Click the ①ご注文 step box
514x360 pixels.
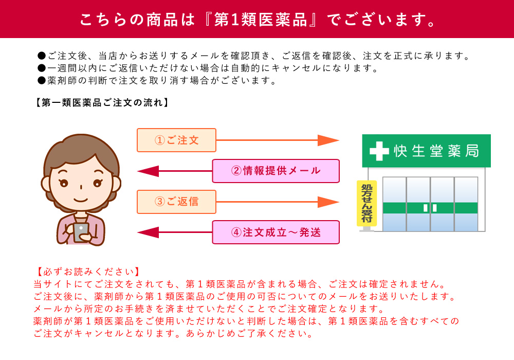[176, 140]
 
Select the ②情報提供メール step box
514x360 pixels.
[276, 171]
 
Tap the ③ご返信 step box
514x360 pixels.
[176, 202]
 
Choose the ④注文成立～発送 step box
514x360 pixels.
[276, 232]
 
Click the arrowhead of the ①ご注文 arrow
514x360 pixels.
[328, 140]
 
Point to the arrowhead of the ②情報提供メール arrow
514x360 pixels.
[148, 171]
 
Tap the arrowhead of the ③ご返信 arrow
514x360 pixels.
[328, 202]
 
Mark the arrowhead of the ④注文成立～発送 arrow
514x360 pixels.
[148, 232]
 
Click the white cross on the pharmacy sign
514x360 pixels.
[379, 151]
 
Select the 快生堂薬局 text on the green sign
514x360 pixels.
[436, 151]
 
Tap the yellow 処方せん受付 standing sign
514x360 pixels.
[366, 203]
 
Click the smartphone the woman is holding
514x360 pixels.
[81, 232]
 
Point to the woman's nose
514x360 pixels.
[81, 187]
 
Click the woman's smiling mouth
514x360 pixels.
[81, 200]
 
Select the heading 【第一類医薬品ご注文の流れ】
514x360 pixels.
[102, 103]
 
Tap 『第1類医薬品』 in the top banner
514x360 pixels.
[260, 20]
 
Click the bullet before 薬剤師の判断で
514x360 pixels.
[41, 81]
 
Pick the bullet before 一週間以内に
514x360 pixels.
[41, 68]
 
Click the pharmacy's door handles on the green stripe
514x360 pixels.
[430, 208]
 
